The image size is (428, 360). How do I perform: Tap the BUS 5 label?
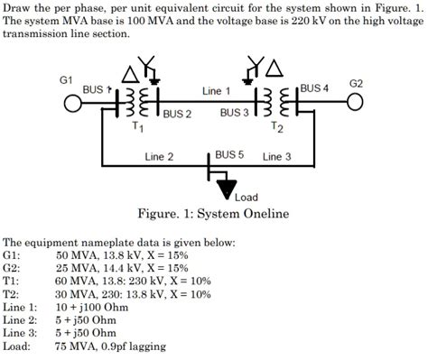[x=229, y=154]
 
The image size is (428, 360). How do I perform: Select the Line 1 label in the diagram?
[x=217, y=91]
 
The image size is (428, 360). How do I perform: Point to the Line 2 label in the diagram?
[x=159, y=157]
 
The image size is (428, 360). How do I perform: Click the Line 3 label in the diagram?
[x=276, y=157]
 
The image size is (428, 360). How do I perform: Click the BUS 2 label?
[x=177, y=114]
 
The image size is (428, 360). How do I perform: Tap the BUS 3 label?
[x=235, y=113]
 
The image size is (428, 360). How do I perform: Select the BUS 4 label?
[x=315, y=88]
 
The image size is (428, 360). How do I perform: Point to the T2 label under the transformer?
[x=276, y=127]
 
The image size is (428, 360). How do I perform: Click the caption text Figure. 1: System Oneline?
[x=213, y=214]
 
